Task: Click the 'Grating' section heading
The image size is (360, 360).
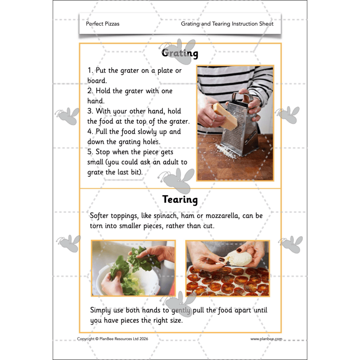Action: click(180, 53)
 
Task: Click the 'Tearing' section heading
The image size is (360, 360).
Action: click(180, 199)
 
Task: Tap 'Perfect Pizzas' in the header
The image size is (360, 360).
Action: click(103, 24)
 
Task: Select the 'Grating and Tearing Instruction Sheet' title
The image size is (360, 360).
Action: click(227, 24)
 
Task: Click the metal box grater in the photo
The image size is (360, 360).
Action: click(244, 121)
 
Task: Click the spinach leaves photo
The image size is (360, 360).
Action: click(133, 268)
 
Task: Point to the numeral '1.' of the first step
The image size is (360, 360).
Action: click(90, 71)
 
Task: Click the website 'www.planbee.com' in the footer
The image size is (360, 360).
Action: click(266, 339)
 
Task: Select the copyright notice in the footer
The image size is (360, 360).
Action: click(112, 339)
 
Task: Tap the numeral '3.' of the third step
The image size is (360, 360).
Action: click(90, 111)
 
